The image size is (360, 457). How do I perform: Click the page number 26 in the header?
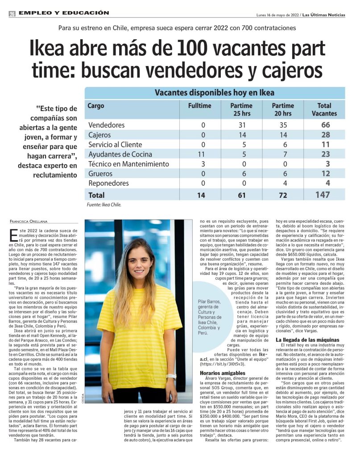(12, 14)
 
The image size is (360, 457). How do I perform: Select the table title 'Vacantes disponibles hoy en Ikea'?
(215, 93)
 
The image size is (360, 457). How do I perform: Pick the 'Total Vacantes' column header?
(324, 109)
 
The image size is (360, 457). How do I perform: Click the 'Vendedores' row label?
(107, 125)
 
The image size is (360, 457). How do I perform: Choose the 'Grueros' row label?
(100, 174)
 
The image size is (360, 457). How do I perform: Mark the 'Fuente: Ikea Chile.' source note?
(104, 205)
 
